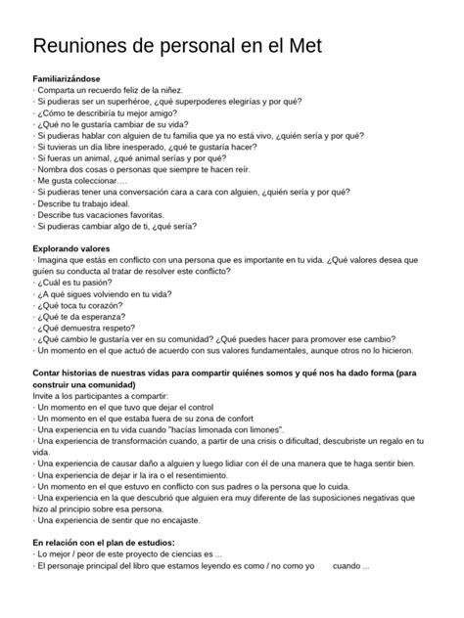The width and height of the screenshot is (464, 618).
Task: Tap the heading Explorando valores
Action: point(75,250)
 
